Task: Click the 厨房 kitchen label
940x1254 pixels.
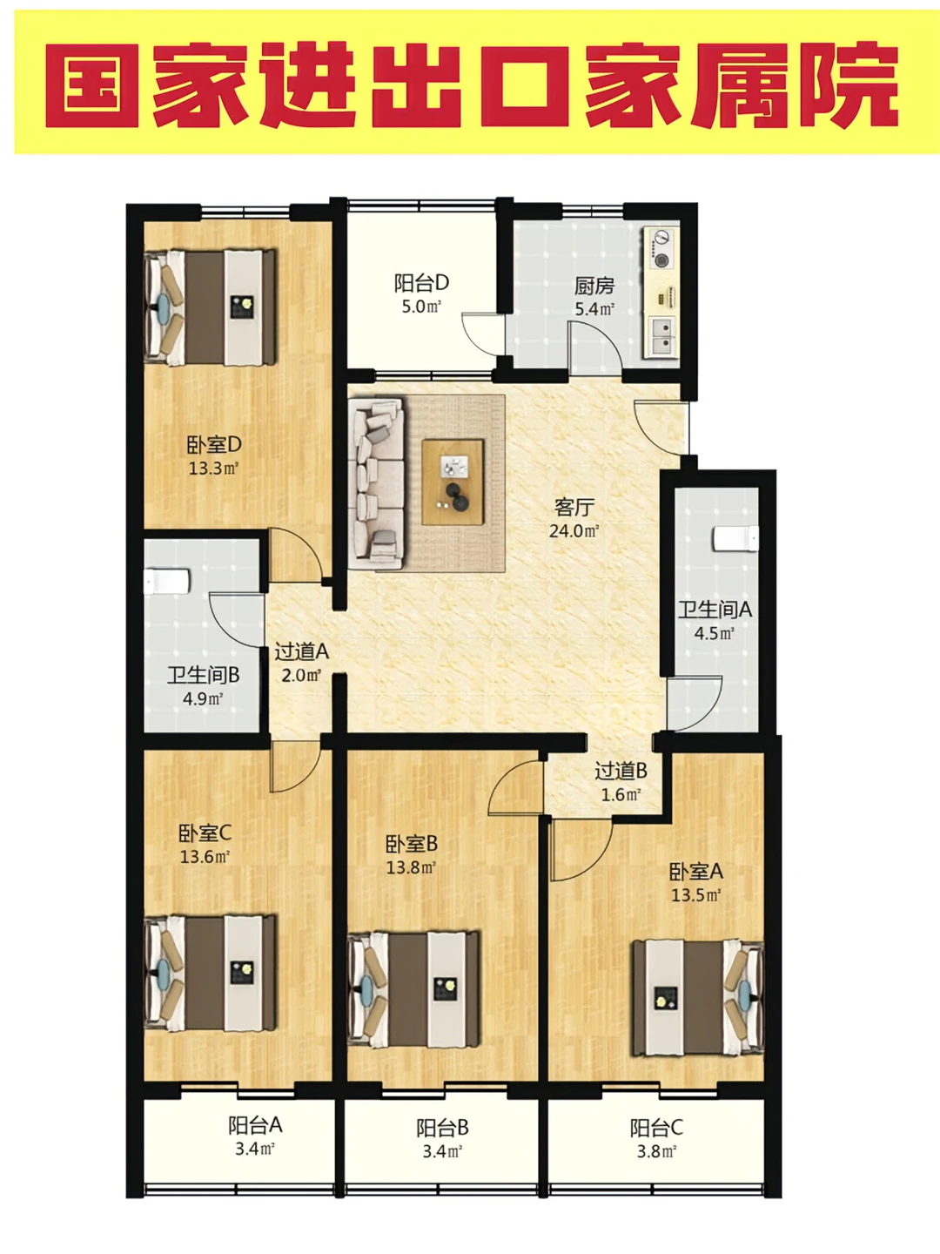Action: click(x=594, y=285)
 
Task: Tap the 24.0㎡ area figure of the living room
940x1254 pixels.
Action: click(x=574, y=531)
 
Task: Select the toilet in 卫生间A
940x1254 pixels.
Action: click(x=735, y=539)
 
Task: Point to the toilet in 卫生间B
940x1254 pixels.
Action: click(x=166, y=582)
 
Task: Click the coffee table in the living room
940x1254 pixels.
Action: click(x=453, y=482)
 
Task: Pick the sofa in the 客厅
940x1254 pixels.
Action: click(x=376, y=484)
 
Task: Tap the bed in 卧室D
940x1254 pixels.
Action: click(x=210, y=307)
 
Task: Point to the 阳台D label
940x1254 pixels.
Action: click(x=422, y=282)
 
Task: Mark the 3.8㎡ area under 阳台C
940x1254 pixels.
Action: click(x=656, y=1151)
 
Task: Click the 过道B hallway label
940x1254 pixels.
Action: click(x=621, y=772)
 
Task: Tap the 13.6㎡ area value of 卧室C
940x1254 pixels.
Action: click(x=205, y=857)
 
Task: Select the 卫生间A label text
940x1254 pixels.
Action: click(x=715, y=610)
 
